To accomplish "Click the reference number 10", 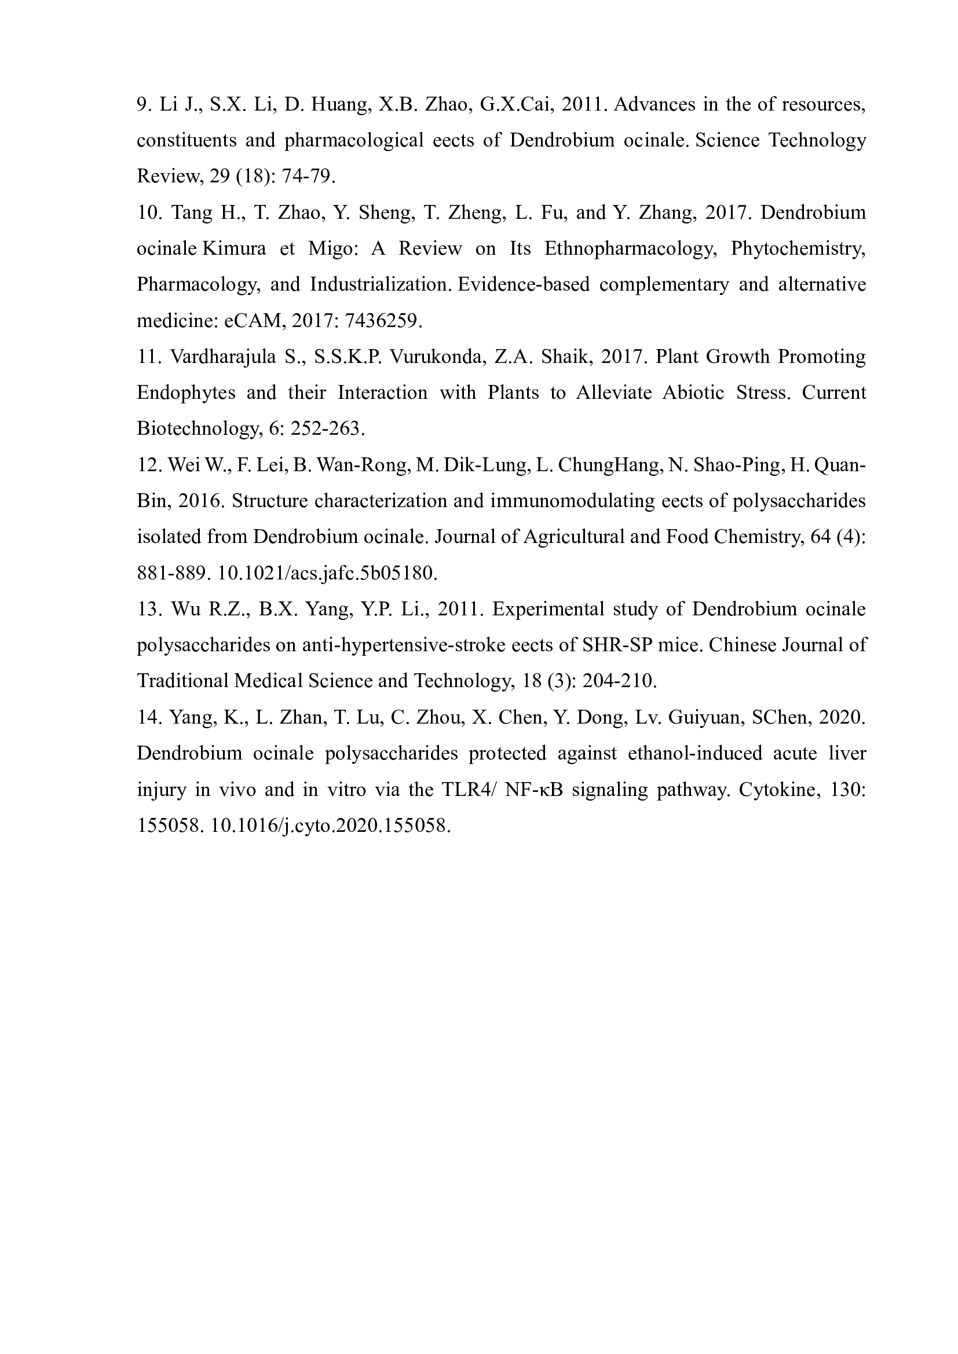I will coord(148,213).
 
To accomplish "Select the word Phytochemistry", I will coord(798,249).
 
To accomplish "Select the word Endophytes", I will coord(186,392).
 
